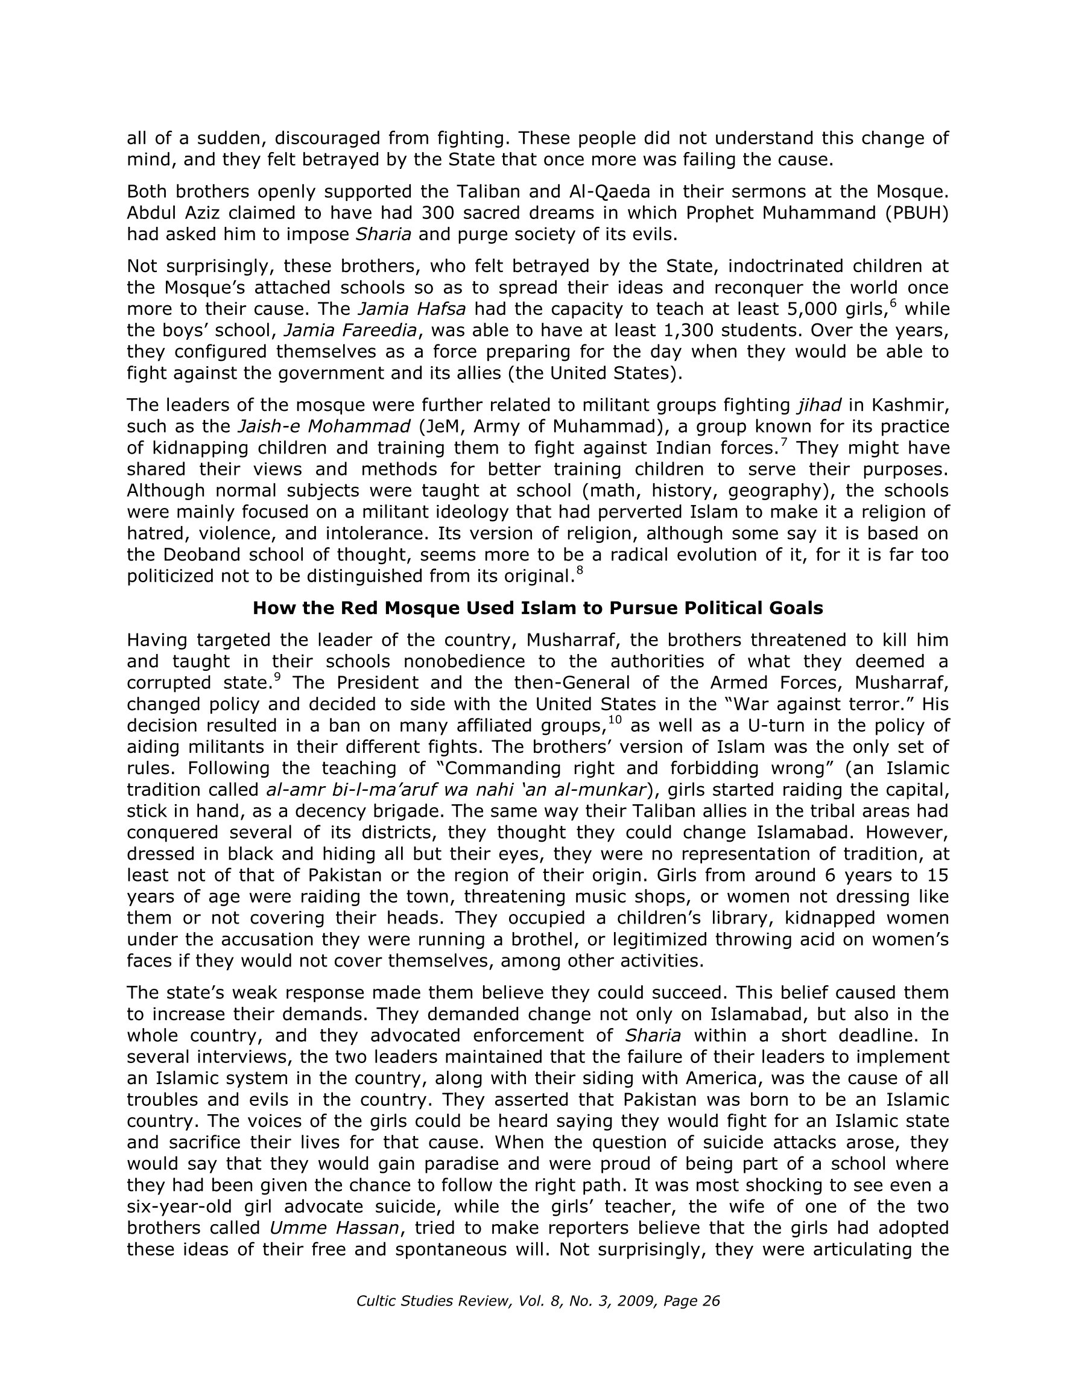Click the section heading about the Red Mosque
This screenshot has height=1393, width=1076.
537,608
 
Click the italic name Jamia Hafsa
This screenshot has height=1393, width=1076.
411,309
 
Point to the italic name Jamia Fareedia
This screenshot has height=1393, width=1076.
350,331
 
